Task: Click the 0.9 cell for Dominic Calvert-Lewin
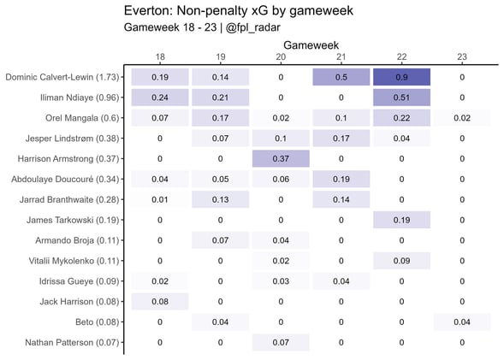click(x=401, y=77)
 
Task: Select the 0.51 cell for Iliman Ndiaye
click(x=401, y=97)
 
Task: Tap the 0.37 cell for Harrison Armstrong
click(x=281, y=159)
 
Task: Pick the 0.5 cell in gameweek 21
click(x=341, y=77)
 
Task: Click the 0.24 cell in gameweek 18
click(x=159, y=97)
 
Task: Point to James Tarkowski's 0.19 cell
click(x=401, y=220)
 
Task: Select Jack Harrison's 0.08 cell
click(x=159, y=302)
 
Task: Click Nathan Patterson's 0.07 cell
click(x=281, y=343)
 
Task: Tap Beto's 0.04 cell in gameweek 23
click(x=462, y=322)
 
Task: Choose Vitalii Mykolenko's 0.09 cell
click(x=401, y=261)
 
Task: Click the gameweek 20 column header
click(x=281, y=56)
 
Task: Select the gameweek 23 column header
click(x=462, y=56)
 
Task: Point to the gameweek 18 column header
click(x=159, y=56)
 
